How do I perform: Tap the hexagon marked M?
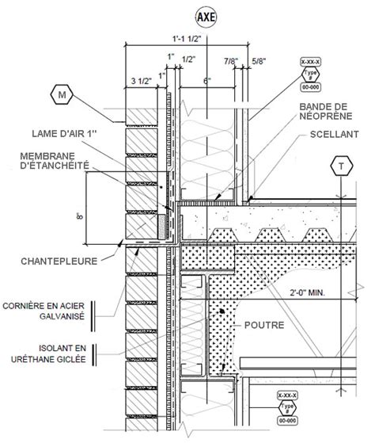62,96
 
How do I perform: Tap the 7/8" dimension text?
231,60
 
